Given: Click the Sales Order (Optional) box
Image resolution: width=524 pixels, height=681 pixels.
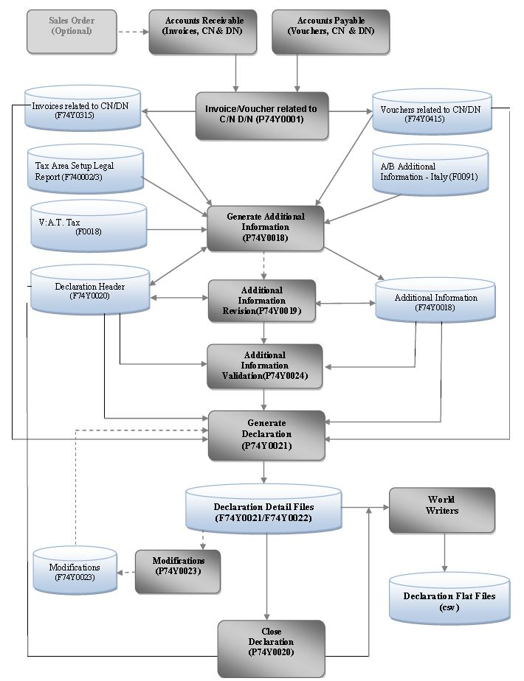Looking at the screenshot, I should (x=72, y=31).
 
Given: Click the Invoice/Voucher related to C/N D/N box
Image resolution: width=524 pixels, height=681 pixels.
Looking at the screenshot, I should (x=261, y=115).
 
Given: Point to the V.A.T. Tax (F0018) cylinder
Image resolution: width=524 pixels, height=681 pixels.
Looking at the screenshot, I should (x=88, y=226).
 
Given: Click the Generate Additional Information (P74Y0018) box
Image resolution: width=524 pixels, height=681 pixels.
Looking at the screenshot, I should (x=266, y=228).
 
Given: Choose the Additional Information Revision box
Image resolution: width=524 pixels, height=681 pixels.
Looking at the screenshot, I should (x=262, y=301).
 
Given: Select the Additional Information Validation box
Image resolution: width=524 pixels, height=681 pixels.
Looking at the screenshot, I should (x=265, y=366).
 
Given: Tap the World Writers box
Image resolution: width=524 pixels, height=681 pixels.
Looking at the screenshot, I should (x=441, y=509).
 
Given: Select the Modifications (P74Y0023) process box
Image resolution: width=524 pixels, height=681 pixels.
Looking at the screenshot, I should (x=178, y=570).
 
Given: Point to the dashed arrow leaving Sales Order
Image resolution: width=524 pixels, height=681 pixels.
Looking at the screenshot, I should (x=133, y=32).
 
